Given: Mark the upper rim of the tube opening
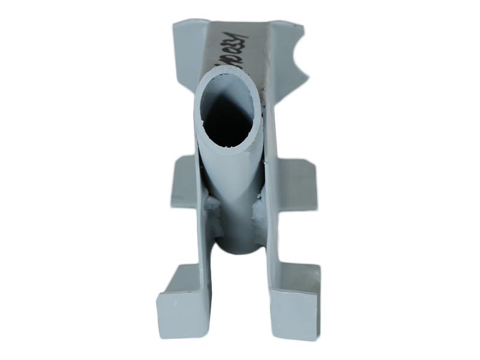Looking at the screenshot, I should tap(231, 70).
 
